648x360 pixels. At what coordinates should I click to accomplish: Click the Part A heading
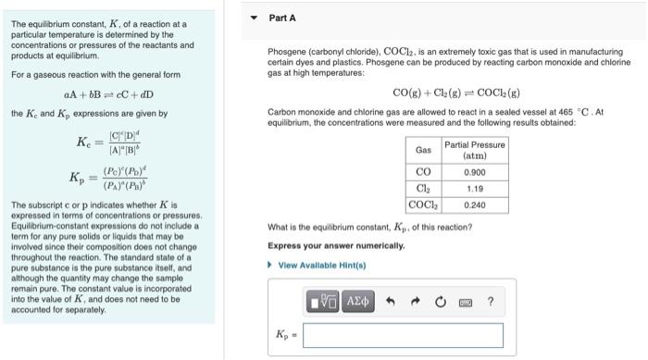click(x=282, y=18)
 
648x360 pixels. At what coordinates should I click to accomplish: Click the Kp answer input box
click(x=403, y=335)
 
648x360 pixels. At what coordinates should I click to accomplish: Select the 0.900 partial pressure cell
click(x=474, y=171)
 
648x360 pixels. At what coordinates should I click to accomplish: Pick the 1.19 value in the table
click(x=474, y=188)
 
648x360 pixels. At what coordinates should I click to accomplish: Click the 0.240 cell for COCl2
click(x=474, y=205)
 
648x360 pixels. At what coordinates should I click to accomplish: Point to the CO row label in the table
click(x=423, y=171)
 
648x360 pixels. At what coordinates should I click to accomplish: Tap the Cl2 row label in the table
click(x=423, y=188)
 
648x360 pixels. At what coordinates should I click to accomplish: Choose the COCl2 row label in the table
click(x=423, y=205)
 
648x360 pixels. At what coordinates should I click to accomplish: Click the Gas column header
click(x=423, y=150)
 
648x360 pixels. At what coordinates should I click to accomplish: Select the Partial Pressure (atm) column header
click(x=474, y=150)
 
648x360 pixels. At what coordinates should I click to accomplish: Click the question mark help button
click(x=490, y=300)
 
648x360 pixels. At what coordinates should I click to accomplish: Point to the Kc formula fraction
click(x=129, y=143)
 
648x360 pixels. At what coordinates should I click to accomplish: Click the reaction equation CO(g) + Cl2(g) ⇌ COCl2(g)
click(x=456, y=93)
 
